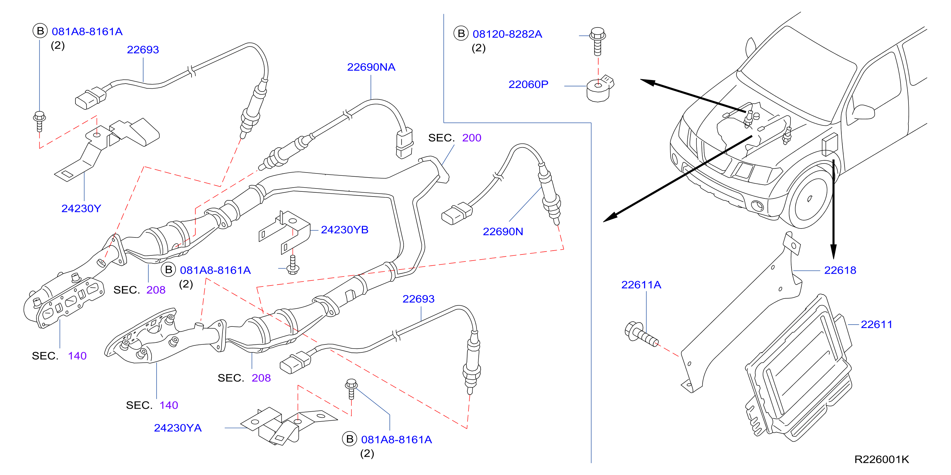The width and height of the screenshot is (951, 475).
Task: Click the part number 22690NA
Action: [x=371, y=67]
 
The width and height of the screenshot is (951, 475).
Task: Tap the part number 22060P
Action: [x=528, y=84]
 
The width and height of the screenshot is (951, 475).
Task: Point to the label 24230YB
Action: [x=344, y=229]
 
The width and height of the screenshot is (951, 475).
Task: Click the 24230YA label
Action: [x=177, y=428]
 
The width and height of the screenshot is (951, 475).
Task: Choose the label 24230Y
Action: [x=81, y=208]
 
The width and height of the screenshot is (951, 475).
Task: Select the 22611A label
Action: [x=641, y=285]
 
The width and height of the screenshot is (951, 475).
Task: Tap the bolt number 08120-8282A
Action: [x=507, y=34]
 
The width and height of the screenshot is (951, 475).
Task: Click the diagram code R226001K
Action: [x=882, y=459]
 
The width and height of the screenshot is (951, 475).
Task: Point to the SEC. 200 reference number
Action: [x=471, y=138]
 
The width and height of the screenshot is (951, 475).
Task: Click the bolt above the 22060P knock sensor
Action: [x=598, y=41]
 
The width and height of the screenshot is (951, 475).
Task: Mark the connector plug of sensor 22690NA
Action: [x=404, y=143]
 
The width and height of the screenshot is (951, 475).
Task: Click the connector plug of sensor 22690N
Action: [x=457, y=213]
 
